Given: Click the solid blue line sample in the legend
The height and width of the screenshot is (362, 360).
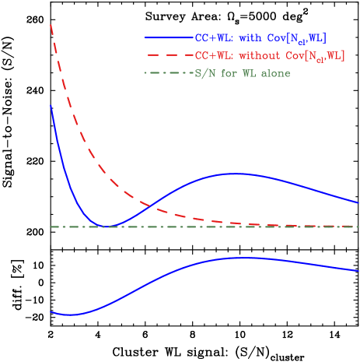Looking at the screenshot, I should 169,37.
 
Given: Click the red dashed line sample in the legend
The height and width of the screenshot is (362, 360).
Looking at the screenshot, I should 169,55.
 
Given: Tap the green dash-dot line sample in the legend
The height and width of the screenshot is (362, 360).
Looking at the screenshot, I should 169,73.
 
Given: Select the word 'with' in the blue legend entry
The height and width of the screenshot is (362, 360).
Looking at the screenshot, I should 249,37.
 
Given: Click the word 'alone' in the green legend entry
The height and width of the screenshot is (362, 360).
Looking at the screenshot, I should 275,73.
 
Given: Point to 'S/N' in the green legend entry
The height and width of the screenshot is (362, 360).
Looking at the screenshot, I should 203,73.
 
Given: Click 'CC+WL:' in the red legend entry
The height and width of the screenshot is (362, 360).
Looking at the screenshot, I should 213,55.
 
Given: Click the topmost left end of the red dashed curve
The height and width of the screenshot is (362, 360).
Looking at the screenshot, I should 51,25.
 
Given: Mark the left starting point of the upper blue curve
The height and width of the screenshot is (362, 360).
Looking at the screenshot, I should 51,105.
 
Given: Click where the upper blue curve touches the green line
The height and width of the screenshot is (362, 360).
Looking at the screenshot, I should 105,227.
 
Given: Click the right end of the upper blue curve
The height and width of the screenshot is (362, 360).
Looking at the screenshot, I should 358,202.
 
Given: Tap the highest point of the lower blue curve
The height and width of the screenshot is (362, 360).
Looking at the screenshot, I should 237,257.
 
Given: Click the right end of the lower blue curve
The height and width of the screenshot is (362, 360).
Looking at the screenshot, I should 358,271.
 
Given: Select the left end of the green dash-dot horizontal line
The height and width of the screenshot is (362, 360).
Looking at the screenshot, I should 51,227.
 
